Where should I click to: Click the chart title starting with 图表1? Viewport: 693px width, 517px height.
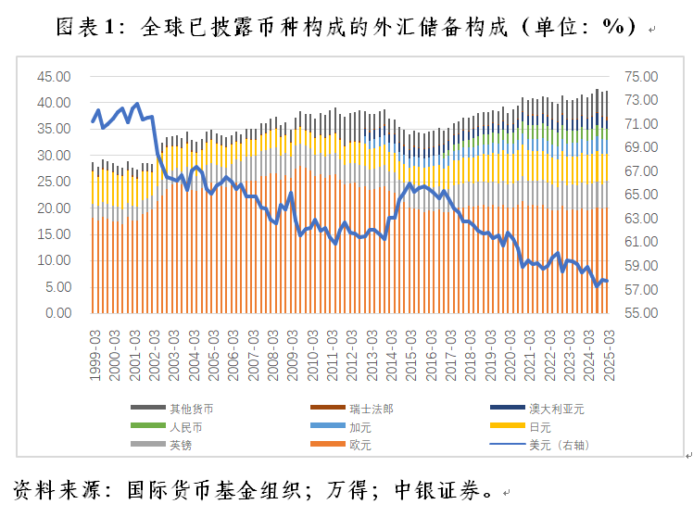(x=347, y=27)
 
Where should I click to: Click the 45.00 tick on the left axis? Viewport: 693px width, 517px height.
(x=52, y=77)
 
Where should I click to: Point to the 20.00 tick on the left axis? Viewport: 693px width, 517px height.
(x=52, y=208)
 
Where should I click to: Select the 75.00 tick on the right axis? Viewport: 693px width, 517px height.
(x=640, y=77)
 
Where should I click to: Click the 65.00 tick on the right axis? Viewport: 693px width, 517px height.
(x=640, y=195)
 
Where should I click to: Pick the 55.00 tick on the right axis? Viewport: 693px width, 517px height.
(x=640, y=313)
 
